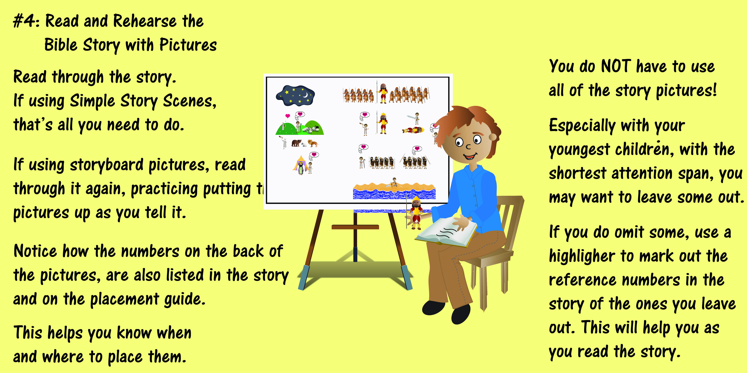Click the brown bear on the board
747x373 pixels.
tap(296, 143)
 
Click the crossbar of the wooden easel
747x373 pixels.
tap(355, 227)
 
